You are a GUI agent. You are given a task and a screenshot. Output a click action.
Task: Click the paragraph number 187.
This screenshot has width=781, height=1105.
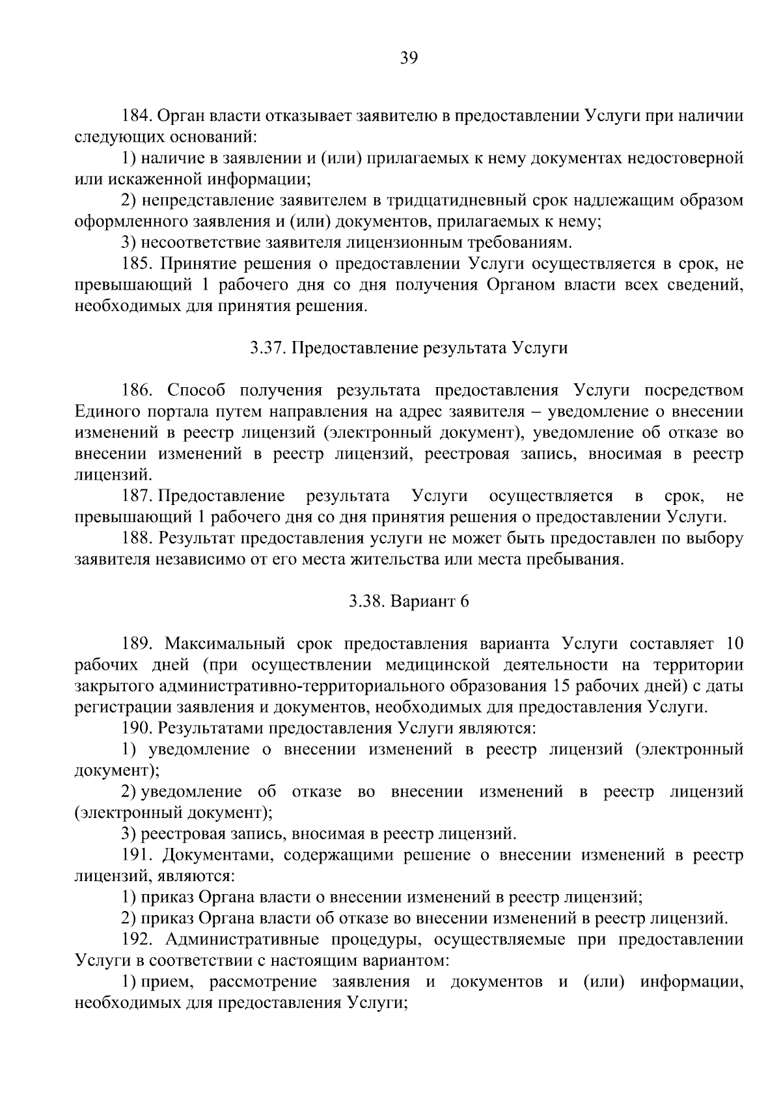pyautogui.click(x=137, y=497)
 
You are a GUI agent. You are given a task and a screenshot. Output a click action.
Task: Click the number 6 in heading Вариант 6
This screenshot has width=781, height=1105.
pyautogui.click(x=464, y=602)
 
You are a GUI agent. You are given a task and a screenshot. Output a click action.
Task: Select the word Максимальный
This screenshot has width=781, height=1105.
pyautogui.click(x=225, y=644)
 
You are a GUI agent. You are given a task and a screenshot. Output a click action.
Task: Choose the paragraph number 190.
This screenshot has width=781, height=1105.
pyautogui.click(x=137, y=729)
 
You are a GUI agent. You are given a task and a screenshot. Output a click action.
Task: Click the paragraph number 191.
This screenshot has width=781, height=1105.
pyautogui.click(x=137, y=855)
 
